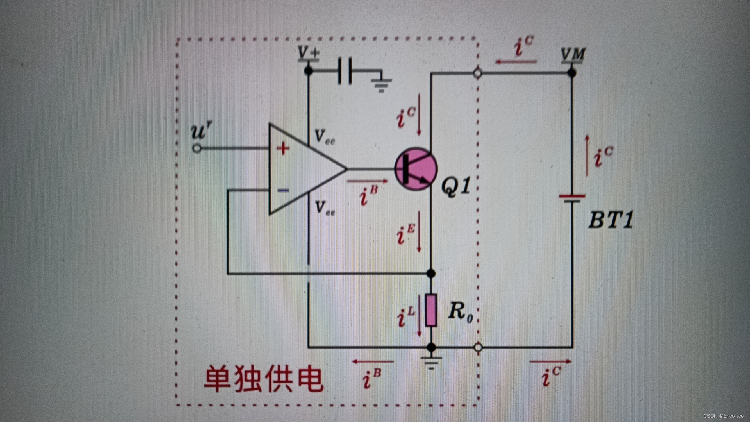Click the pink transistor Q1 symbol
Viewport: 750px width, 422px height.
point(415,169)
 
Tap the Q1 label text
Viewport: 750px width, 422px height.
point(455,186)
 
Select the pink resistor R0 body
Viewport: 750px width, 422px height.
point(431,311)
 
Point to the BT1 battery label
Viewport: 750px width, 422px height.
point(611,220)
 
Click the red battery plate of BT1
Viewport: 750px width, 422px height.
point(572,196)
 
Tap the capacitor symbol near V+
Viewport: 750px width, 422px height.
point(345,71)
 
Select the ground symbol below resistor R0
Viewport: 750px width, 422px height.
point(431,363)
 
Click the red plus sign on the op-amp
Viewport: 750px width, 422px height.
point(283,148)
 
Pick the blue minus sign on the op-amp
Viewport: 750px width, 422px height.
point(283,190)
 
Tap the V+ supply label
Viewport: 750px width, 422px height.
point(308,53)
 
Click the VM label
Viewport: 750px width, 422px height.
point(573,54)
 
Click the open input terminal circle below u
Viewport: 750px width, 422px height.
point(197,148)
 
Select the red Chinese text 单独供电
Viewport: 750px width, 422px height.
point(264,378)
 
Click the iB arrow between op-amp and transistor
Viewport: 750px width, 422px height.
point(367,181)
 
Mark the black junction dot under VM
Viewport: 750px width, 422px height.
point(572,73)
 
